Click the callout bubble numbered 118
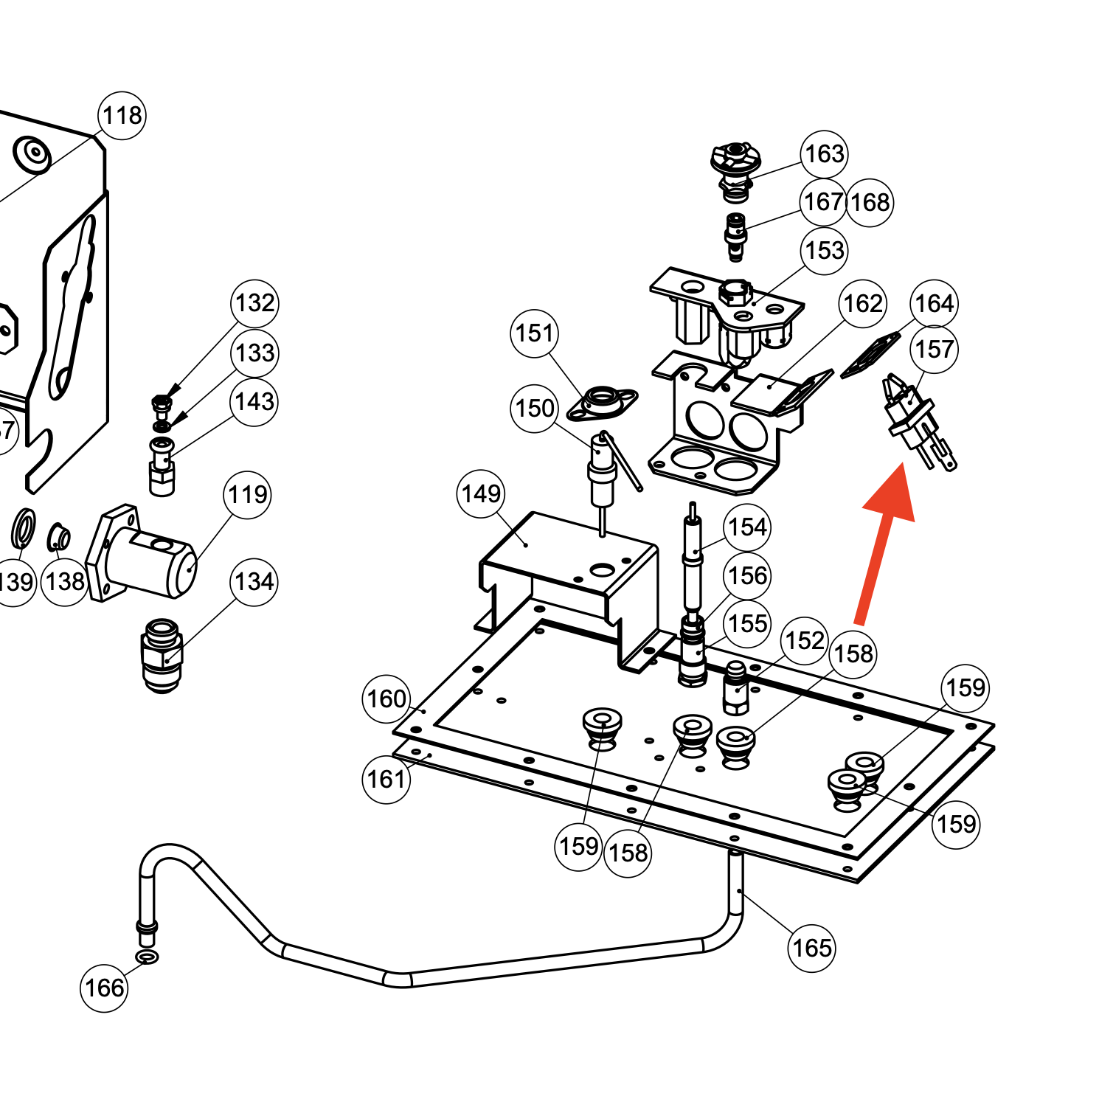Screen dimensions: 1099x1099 (x=122, y=116)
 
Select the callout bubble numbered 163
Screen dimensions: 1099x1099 (x=824, y=154)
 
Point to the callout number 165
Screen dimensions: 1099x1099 (x=811, y=948)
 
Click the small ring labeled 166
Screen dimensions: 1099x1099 (x=148, y=957)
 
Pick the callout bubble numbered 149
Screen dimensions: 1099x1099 (x=481, y=493)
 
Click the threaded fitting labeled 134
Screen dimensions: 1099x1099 (x=162, y=654)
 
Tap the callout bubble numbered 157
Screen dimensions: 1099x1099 (x=934, y=349)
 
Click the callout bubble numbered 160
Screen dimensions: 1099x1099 (x=386, y=698)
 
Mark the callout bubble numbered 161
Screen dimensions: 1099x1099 (x=386, y=779)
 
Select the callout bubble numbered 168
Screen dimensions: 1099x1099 (x=870, y=202)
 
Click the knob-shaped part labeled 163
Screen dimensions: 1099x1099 (x=735, y=169)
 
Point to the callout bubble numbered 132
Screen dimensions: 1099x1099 (x=255, y=302)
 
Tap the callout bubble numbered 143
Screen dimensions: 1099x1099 (x=254, y=402)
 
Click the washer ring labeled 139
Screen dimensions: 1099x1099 (x=22, y=529)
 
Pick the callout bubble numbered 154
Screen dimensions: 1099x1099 (x=748, y=527)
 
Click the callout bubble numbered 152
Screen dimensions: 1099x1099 (x=804, y=640)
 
